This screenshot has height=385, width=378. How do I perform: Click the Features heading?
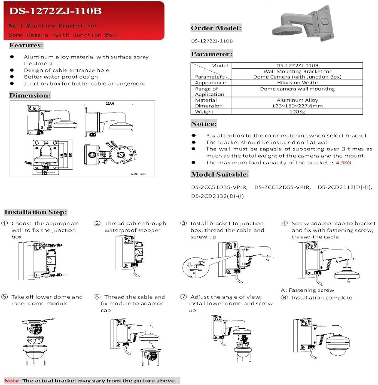(26, 45)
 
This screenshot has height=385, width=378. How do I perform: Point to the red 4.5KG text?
(343, 162)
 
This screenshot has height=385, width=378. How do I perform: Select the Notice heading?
(204, 124)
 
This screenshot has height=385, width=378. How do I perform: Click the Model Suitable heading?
(220, 174)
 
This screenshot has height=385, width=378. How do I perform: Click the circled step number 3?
(184, 224)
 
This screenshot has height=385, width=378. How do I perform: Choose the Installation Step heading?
(36, 212)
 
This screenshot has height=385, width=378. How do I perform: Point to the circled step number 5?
(5, 297)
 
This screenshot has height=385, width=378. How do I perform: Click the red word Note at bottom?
(12, 380)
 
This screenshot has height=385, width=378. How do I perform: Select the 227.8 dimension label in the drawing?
(112, 103)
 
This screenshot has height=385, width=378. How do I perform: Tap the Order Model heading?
(216, 28)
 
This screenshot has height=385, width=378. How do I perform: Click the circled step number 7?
(184, 297)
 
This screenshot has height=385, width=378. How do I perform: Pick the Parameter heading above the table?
(212, 54)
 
